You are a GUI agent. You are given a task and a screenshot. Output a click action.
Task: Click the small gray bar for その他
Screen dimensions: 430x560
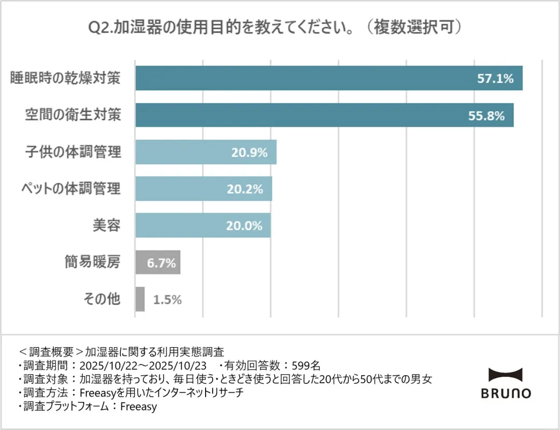click(x=140, y=299)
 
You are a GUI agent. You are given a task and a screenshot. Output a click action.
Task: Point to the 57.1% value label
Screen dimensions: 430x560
click(x=496, y=78)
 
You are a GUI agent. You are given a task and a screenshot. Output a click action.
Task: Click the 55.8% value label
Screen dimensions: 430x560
click(x=486, y=116)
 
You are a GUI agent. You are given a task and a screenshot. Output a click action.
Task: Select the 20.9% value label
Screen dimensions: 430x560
click(x=249, y=153)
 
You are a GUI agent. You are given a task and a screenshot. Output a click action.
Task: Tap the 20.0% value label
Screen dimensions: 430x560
click(x=244, y=226)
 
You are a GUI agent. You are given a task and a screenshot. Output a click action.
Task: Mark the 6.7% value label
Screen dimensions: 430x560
click(x=158, y=263)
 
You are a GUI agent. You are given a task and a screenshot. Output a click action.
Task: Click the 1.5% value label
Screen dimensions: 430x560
click(x=168, y=300)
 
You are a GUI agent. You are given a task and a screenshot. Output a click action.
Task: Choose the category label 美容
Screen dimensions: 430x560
click(x=105, y=226)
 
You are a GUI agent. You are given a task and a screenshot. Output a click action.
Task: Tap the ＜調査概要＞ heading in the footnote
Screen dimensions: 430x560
click(x=52, y=353)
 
